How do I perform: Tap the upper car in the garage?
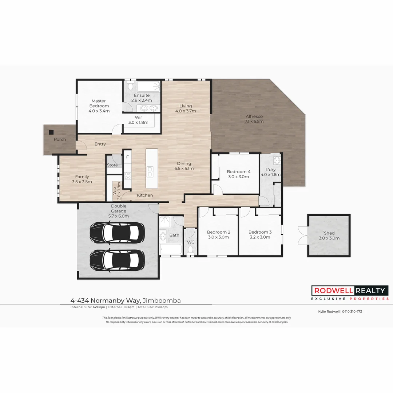pyautogui.click(x=115, y=231)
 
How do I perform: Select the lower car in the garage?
pyautogui.click(x=115, y=259)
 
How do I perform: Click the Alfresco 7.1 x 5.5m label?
pyautogui.click(x=254, y=119)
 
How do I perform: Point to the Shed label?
pyautogui.click(x=329, y=233)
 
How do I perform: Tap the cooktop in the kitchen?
pyautogui.click(x=128, y=175)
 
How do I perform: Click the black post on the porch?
pyautogui.click(x=51, y=132)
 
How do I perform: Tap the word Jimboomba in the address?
pyautogui.click(x=162, y=301)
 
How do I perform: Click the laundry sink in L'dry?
pyautogui.click(x=277, y=160)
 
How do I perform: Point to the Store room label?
pyautogui.click(x=112, y=165)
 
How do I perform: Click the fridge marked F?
pyautogui.click(x=127, y=157)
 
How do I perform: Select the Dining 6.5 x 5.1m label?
pyautogui.click(x=184, y=166)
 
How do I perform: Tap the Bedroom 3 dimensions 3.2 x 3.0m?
pyautogui.click(x=260, y=237)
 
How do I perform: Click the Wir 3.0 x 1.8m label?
pyautogui.click(x=138, y=120)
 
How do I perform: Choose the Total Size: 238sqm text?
pyautogui.click(x=152, y=307)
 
